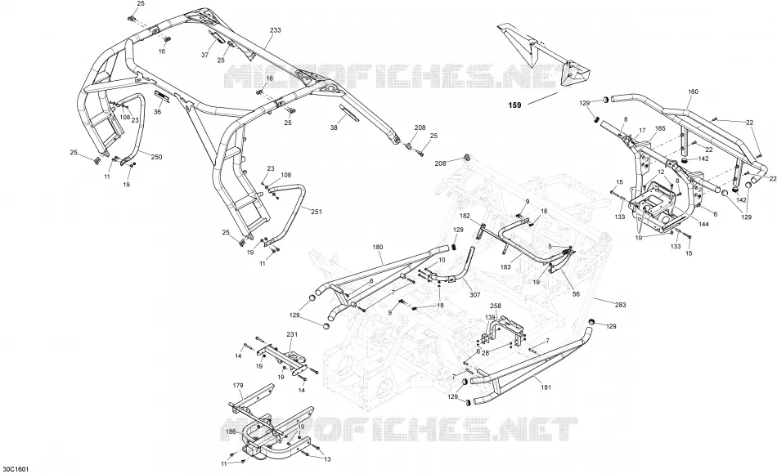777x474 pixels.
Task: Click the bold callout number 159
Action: pyautogui.click(x=514, y=105)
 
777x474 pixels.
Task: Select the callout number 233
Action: pyautogui.click(x=275, y=30)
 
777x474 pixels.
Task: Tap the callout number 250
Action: pyautogui.click(x=156, y=157)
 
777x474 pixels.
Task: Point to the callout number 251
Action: pyautogui.click(x=317, y=212)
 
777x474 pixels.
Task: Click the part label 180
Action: pyautogui.click(x=378, y=246)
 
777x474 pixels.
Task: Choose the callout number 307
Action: pyautogui.click(x=474, y=295)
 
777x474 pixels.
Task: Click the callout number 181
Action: pyautogui.click(x=545, y=387)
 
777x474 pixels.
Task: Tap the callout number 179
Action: pyautogui.click(x=238, y=385)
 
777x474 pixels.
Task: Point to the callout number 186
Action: pyautogui.click(x=231, y=432)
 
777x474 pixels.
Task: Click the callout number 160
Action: pyautogui.click(x=694, y=92)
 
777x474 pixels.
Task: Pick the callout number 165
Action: pyautogui.click(x=660, y=128)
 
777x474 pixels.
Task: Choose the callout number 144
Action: pyautogui.click(x=703, y=224)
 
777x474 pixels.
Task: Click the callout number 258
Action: pyautogui.click(x=496, y=306)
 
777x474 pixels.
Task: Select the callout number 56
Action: pyautogui.click(x=576, y=293)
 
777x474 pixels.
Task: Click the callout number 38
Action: pyautogui.click(x=334, y=127)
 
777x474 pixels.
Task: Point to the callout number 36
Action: pyautogui.click(x=158, y=112)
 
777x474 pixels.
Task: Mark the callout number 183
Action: pyautogui.click(x=505, y=267)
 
